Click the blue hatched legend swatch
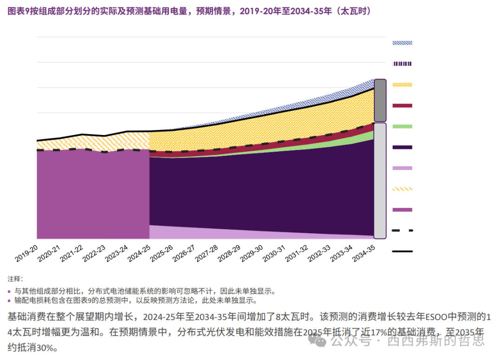click(x=402, y=43)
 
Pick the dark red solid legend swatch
click(x=402, y=106)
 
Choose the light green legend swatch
click(x=402, y=126)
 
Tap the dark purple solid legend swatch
click(x=402, y=147)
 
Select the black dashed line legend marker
click(x=402, y=231)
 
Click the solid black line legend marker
click(x=402, y=251)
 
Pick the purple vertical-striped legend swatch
click(x=402, y=64)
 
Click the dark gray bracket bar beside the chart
click(x=380, y=100)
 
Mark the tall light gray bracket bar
click(x=380, y=180)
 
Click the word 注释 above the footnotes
click(x=14, y=279)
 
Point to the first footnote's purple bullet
click(x=10, y=292)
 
